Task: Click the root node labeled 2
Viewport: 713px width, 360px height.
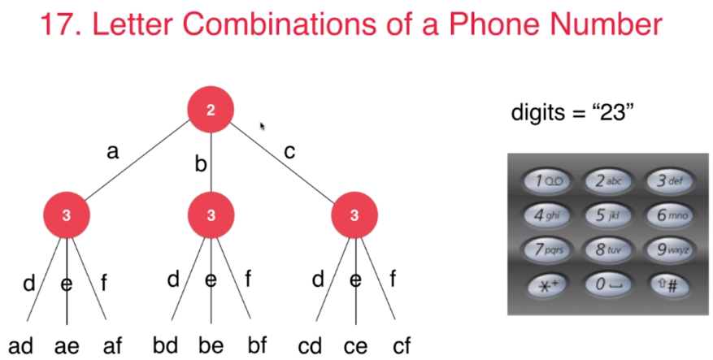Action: point(211,110)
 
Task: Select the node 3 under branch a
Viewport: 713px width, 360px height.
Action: point(67,215)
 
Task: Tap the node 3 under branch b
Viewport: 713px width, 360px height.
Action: point(211,215)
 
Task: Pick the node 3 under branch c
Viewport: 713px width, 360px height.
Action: point(354,215)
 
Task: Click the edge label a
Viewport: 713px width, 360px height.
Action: point(114,151)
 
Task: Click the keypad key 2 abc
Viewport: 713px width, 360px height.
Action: point(607,180)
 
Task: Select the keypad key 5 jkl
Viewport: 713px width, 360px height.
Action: point(607,215)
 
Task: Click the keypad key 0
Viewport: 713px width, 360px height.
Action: point(607,284)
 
